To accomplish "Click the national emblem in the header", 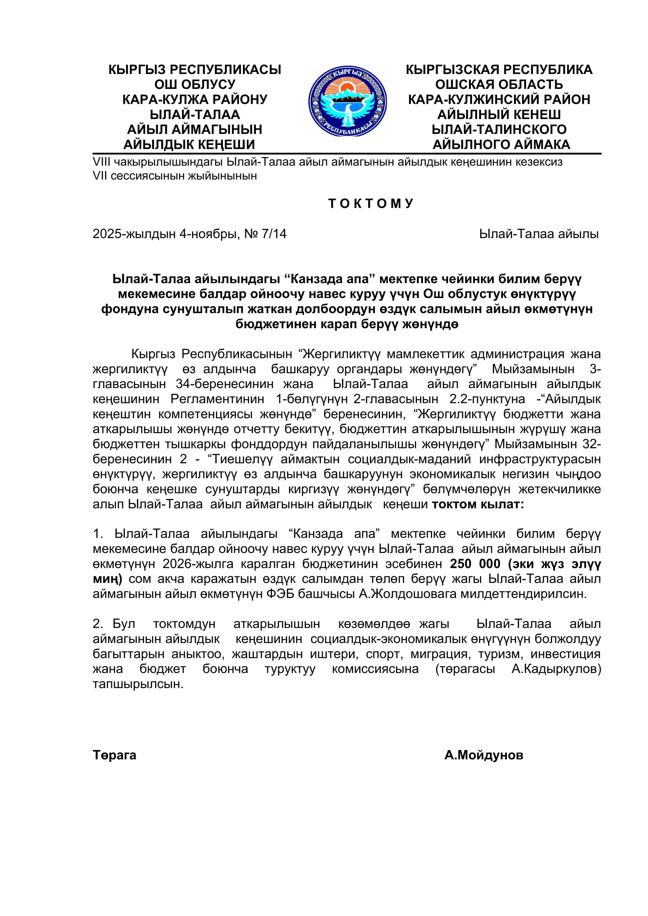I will coord(347,101).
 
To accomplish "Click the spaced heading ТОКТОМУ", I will coord(371,204).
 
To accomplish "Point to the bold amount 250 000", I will coord(475,564).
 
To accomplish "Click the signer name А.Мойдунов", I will coord(483,755).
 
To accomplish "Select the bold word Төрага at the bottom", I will coord(114,755).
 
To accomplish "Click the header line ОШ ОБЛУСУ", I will coord(195,85).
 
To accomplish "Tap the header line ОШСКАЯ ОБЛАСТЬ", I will coord(499,85).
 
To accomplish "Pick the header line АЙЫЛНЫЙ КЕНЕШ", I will coord(499,114).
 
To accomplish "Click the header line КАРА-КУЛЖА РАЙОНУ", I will coord(195,99).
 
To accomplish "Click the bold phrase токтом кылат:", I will coord(478,504).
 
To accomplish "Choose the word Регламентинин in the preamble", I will coord(217,399).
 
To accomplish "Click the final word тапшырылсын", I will coord(138,684).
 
